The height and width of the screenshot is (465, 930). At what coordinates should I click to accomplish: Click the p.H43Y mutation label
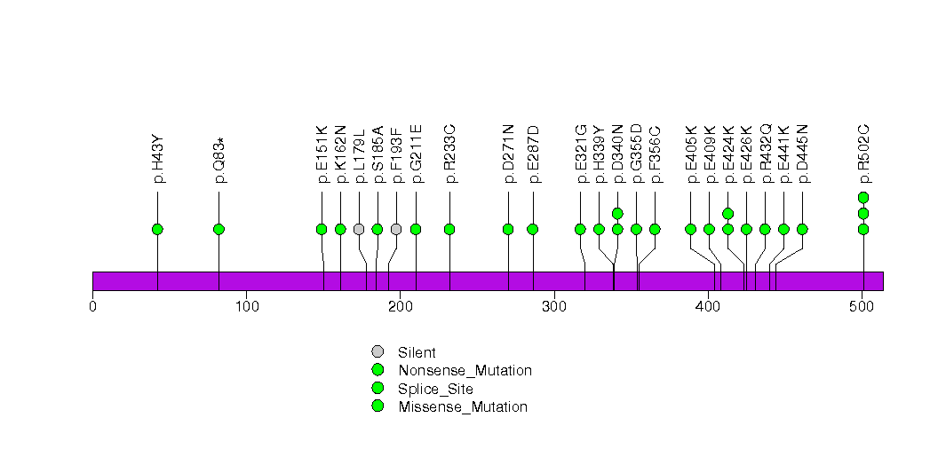coord(158,159)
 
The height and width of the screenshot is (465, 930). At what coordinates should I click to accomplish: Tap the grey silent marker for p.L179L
coord(359,229)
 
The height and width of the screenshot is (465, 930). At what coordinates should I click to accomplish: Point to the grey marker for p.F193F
coord(396,229)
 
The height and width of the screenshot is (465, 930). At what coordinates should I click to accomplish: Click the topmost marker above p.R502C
coord(863,197)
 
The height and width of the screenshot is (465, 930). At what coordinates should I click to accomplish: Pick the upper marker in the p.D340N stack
coord(617,213)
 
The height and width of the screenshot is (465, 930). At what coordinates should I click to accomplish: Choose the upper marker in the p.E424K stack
coord(728,213)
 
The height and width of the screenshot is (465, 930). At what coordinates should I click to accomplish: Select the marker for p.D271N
coord(508,229)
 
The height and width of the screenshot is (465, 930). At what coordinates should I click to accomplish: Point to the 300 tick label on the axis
coord(554,307)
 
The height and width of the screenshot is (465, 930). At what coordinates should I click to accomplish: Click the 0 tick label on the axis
coord(92,307)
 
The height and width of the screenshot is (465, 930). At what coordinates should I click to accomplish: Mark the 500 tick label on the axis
coord(862,307)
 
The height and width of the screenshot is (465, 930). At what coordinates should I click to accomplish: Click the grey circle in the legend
coord(378,352)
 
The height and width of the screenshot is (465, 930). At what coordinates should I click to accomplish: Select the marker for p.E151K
coord(322,229)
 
